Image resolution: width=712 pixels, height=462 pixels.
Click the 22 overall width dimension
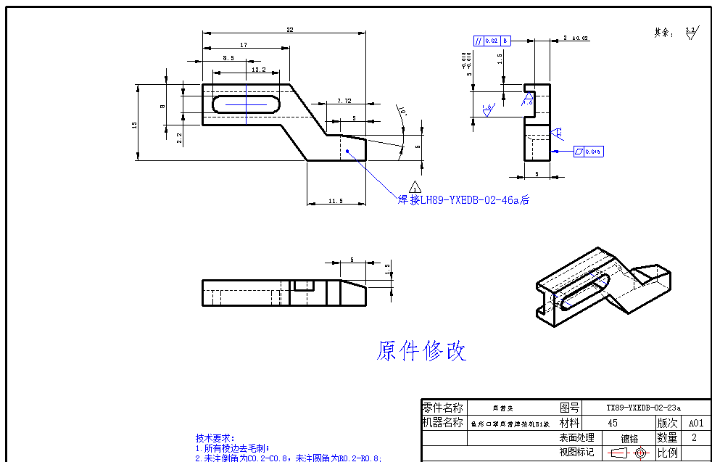290,30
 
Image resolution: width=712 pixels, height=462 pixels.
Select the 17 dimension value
244,45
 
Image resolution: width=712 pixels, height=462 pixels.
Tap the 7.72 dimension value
344,101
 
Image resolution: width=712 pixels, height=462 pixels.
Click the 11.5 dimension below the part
335,201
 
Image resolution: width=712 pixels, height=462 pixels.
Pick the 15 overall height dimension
135,125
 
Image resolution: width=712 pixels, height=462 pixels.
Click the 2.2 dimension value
179,136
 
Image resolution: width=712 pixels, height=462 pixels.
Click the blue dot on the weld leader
348,152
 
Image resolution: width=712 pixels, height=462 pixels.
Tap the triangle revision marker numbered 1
415,188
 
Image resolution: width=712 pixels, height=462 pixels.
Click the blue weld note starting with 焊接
464,199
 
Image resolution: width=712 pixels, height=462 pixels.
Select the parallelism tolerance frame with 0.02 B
492,41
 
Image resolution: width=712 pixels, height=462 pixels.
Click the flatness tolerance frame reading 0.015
588,152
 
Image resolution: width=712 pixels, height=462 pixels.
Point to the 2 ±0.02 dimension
576,38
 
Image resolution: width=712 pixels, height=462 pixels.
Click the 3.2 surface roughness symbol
691,32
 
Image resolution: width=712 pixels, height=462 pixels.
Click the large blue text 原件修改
421,351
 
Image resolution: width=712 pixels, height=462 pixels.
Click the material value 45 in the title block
613,423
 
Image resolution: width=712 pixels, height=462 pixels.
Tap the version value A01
696,423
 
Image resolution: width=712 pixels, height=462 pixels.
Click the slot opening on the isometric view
582,293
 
